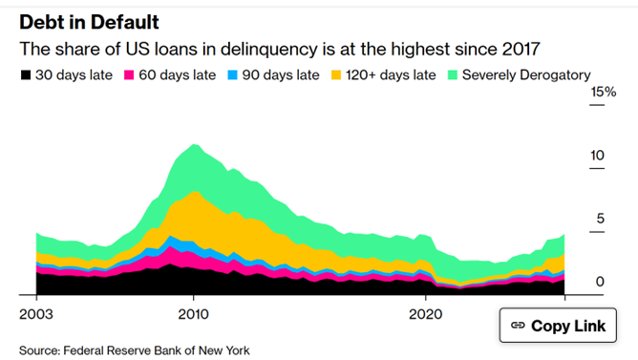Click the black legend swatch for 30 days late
[25, 74]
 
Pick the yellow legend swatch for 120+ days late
[336, 74]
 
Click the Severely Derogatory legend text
[526, 74]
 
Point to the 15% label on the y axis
[603, 92]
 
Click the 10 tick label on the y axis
[597, 155]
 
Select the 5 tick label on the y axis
[601, 218]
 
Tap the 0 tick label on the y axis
[601, 281]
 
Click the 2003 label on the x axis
[35, 312]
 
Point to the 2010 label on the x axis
[194, 312]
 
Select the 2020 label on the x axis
[425, 312]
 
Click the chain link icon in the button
[519, 326]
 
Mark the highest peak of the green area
[194, 144]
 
